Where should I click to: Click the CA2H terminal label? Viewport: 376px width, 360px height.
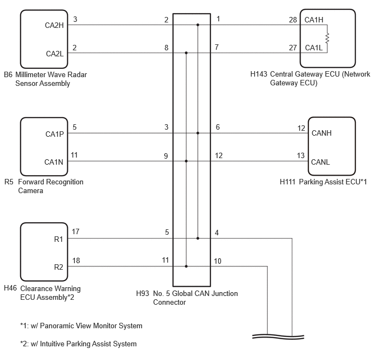[54, 25]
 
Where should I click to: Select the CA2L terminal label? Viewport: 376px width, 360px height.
[55, 54]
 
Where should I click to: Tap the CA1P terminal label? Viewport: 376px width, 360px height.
[55, 134]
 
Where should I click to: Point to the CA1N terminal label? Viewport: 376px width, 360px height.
[54, 162]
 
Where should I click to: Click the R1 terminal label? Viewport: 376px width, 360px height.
[58, 239]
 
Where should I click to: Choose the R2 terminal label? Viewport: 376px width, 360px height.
[58, 267]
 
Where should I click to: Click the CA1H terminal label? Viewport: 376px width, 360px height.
[314, 20]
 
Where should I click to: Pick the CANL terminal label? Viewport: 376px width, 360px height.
[320, 162]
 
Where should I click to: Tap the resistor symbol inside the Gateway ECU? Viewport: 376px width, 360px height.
[327, 38]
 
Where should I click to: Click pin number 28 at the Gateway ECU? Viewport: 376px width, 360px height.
[293, 20]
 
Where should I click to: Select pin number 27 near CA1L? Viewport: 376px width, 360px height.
[293, 48]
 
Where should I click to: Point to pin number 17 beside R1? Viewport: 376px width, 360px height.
[75, 231]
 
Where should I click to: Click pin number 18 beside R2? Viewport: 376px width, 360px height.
[76, 260]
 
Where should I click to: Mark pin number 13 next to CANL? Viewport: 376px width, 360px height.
[301, 155]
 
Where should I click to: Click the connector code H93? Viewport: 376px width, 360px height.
[143, 293]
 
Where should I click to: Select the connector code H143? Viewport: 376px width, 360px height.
[258, 74]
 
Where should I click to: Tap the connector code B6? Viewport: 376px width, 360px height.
[8, 74]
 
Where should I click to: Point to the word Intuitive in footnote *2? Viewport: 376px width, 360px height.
[52, 344]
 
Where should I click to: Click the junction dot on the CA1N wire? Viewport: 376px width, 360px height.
[186, 161]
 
